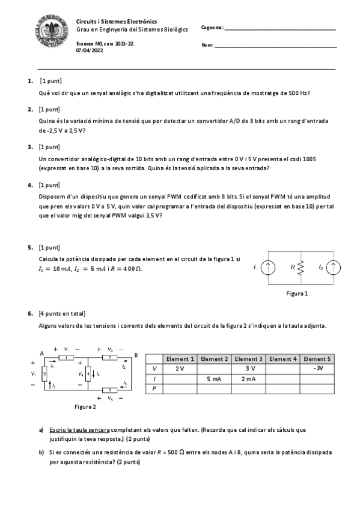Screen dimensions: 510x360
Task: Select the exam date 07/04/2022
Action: pos(90,51)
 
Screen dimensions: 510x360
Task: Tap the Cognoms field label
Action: pos(212,28)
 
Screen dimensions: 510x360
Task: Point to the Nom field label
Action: pos(207,45)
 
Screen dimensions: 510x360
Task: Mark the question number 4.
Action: pos(30,185)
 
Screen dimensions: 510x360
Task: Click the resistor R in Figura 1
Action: pos(301,266)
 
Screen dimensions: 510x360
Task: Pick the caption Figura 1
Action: pos(296,294)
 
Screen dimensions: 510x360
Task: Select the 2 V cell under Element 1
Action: pos(180,369)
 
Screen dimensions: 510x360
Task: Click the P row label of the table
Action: pos(154,389)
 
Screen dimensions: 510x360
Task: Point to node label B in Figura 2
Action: pos(136,355)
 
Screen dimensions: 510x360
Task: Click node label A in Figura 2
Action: pos(41,353)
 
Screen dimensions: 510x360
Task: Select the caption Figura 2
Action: pos(85,407)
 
